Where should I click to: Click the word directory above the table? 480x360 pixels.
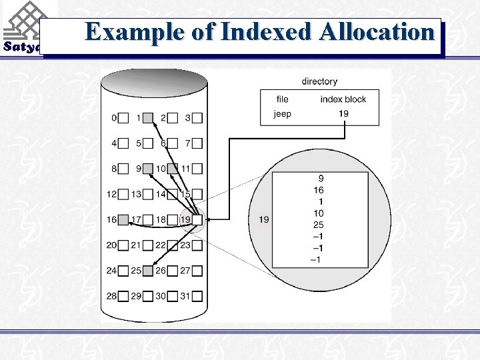319,81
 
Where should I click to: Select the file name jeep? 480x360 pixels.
282,114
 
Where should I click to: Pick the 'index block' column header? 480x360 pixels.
343,99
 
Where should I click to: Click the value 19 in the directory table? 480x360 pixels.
343,114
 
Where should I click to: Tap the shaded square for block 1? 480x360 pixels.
148,118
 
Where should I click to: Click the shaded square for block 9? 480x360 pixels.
148,169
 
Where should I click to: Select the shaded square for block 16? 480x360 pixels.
123,219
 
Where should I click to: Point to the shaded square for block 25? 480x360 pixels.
148,270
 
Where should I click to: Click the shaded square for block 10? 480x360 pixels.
173,169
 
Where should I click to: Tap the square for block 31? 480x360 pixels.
197,295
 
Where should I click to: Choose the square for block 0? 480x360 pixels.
123,118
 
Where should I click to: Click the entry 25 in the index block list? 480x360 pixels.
318,225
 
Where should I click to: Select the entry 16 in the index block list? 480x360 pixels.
318,190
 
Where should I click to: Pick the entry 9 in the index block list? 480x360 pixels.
321,179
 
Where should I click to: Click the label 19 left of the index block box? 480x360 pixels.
263,219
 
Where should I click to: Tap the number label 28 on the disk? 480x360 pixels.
111,295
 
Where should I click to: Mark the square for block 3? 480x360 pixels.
197,118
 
